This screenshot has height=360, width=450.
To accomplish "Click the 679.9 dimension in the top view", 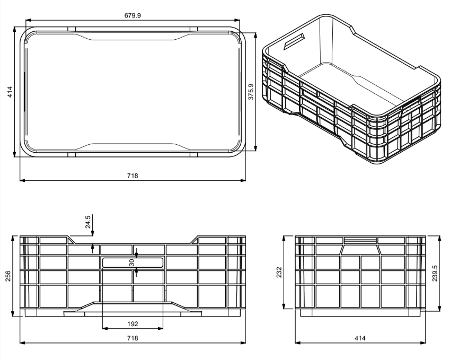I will tap(133, 15).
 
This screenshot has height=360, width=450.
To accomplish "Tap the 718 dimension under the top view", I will tap(133, 175).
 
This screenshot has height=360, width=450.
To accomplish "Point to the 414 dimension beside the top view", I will tap(10, 91).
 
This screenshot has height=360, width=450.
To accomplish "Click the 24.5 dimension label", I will tap(88, 221).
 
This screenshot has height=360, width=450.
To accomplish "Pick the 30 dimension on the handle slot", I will tap(132, 262).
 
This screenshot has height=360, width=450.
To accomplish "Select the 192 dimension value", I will tap(133, 322).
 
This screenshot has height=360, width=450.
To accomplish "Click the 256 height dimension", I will tap(8, 276).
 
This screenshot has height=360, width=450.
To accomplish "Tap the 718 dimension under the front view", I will tap(133, 338).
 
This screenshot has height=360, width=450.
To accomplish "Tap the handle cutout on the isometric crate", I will tap(295, 41).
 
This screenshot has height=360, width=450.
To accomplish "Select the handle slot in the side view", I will tap(360, 240).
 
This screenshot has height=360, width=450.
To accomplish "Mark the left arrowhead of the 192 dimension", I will tap(104, 328).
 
